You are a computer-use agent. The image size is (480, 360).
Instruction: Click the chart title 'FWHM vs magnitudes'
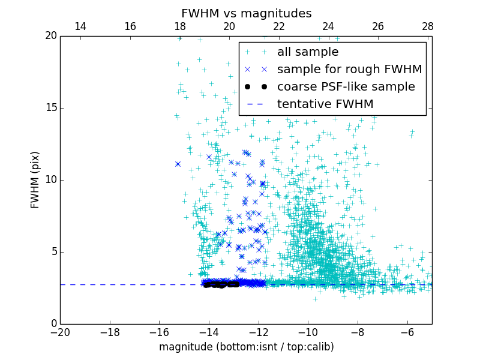(x=246, y=13)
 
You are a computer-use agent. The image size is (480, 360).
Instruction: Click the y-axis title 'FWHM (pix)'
(x=35, y=179)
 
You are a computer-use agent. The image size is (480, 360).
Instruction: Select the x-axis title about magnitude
(x=246, y=347)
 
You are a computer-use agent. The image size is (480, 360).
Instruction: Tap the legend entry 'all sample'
(x=308, y=52)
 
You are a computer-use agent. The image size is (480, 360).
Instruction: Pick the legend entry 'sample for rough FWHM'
(x=349, y=69)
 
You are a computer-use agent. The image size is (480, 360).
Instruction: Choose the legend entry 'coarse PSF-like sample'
(x=346, y=86)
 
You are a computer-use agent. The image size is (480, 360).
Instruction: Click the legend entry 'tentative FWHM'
(x=325, y=104)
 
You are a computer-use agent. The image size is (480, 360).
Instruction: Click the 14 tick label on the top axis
(x=80, y=26)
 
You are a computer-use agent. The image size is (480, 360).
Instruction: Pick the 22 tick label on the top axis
(x=278, y=26)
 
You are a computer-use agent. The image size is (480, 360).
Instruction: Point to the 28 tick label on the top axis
(x=427, y=26)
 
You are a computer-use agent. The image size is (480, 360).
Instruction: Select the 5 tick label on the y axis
(x=52, y=252)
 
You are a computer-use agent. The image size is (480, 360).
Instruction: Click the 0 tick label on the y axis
(x=52, y=324)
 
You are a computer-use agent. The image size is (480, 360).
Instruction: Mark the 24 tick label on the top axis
(x=328, y=26)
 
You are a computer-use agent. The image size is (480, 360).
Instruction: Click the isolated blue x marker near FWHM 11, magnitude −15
(x=178, y=164)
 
